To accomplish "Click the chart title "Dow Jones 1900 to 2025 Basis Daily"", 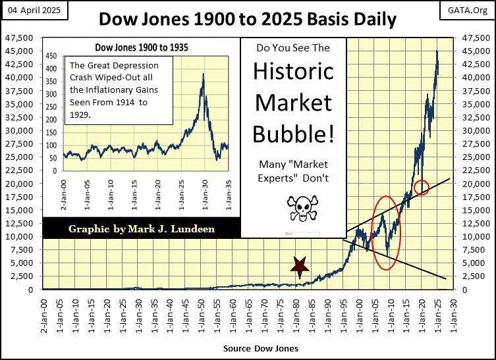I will (248, 19).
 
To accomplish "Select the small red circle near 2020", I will (422, 188).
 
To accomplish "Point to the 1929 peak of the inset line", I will (203, 74).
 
